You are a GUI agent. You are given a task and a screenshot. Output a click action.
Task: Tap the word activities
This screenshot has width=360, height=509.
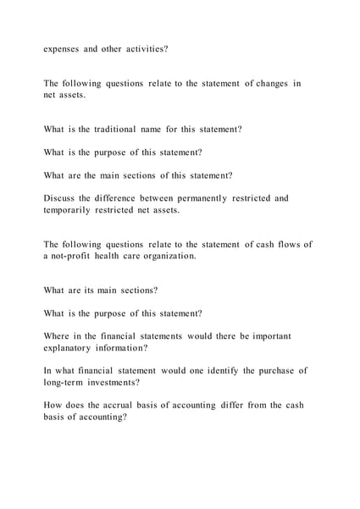click(143, 49)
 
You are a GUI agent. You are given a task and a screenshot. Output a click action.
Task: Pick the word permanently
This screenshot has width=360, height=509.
click(188, 198)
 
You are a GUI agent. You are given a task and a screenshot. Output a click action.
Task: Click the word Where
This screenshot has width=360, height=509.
click(59, 336)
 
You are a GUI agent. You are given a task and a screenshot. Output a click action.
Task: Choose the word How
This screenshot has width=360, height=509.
click(54, 406)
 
